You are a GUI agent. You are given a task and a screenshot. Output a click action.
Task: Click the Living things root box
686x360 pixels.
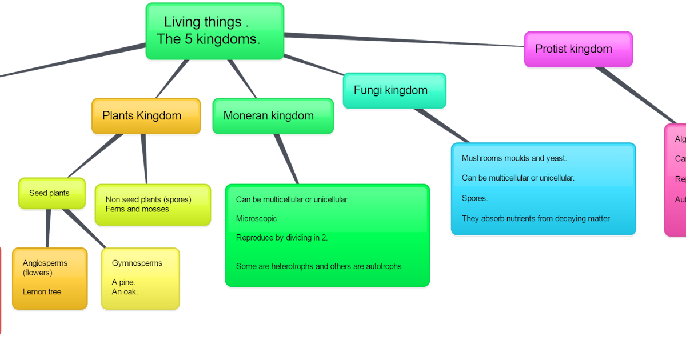tap(214, 31)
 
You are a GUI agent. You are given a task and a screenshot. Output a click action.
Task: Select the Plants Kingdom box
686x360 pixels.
tap(146, 116)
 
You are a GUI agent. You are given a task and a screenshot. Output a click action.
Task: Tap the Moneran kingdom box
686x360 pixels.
tap(273, 116)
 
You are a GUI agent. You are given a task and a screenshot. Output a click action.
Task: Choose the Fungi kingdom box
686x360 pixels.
tap(394, 90)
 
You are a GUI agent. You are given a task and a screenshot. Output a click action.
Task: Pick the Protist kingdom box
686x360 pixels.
tap(577, 49)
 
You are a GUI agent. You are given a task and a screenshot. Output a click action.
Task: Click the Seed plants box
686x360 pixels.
tap(51, 193)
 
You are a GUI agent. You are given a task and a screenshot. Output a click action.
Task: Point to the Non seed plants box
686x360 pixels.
tap(152, 205)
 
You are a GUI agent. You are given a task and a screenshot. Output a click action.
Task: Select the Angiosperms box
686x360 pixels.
tap(49, 278)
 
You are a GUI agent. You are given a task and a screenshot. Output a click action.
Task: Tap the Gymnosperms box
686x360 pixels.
tap(140, 278)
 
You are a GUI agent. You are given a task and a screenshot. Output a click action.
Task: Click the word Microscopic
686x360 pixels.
tap(256, 219)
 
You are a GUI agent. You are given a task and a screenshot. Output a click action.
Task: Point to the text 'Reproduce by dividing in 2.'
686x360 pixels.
tap(282, 238)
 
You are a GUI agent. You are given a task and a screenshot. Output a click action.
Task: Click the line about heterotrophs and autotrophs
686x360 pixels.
tap(318, 266)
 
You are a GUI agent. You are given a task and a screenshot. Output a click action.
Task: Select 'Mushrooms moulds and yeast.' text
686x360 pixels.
tap(514, 158)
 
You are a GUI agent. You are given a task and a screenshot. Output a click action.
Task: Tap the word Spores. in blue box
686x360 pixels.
tap(474, 198)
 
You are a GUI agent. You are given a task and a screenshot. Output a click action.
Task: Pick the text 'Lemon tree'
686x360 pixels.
tap(42, 292)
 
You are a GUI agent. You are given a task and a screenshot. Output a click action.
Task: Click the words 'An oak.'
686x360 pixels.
tap(125, 292)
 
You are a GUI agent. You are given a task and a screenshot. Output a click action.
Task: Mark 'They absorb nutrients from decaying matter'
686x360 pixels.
tap(536, 219)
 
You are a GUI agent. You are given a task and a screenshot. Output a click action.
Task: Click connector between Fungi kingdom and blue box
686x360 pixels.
tap(441, 125)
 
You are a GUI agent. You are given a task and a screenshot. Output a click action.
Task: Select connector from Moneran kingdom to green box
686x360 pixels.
tap(286, 159)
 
